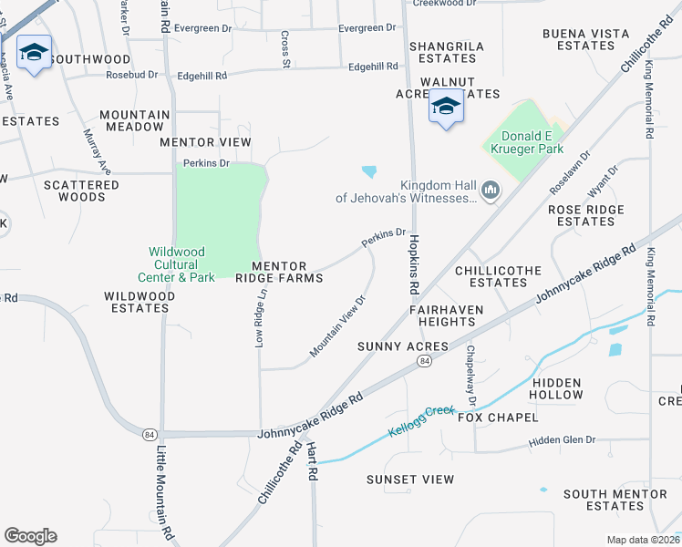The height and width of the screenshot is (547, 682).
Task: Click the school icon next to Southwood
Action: click(x=34, y=54)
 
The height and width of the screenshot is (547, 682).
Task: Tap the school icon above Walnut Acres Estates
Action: click(x=446, y=107)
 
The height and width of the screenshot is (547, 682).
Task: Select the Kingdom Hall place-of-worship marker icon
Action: click(x=491, y=190)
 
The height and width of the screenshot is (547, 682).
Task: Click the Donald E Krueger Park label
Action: click(x=522, y=141)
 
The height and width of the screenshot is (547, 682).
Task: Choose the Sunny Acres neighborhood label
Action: click(x=403, y=346)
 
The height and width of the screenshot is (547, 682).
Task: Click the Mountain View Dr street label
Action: click(x=337, y=325)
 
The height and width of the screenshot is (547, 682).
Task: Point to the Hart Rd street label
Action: click(x=311, y=462)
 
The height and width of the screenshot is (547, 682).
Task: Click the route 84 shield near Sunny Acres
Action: click(x=425, y=362)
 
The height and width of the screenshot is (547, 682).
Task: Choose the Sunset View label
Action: click(x=410, y=480)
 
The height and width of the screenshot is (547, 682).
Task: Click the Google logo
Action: click(x=30, y=536)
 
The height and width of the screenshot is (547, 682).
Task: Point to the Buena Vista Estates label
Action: click(x=585, y=39)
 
